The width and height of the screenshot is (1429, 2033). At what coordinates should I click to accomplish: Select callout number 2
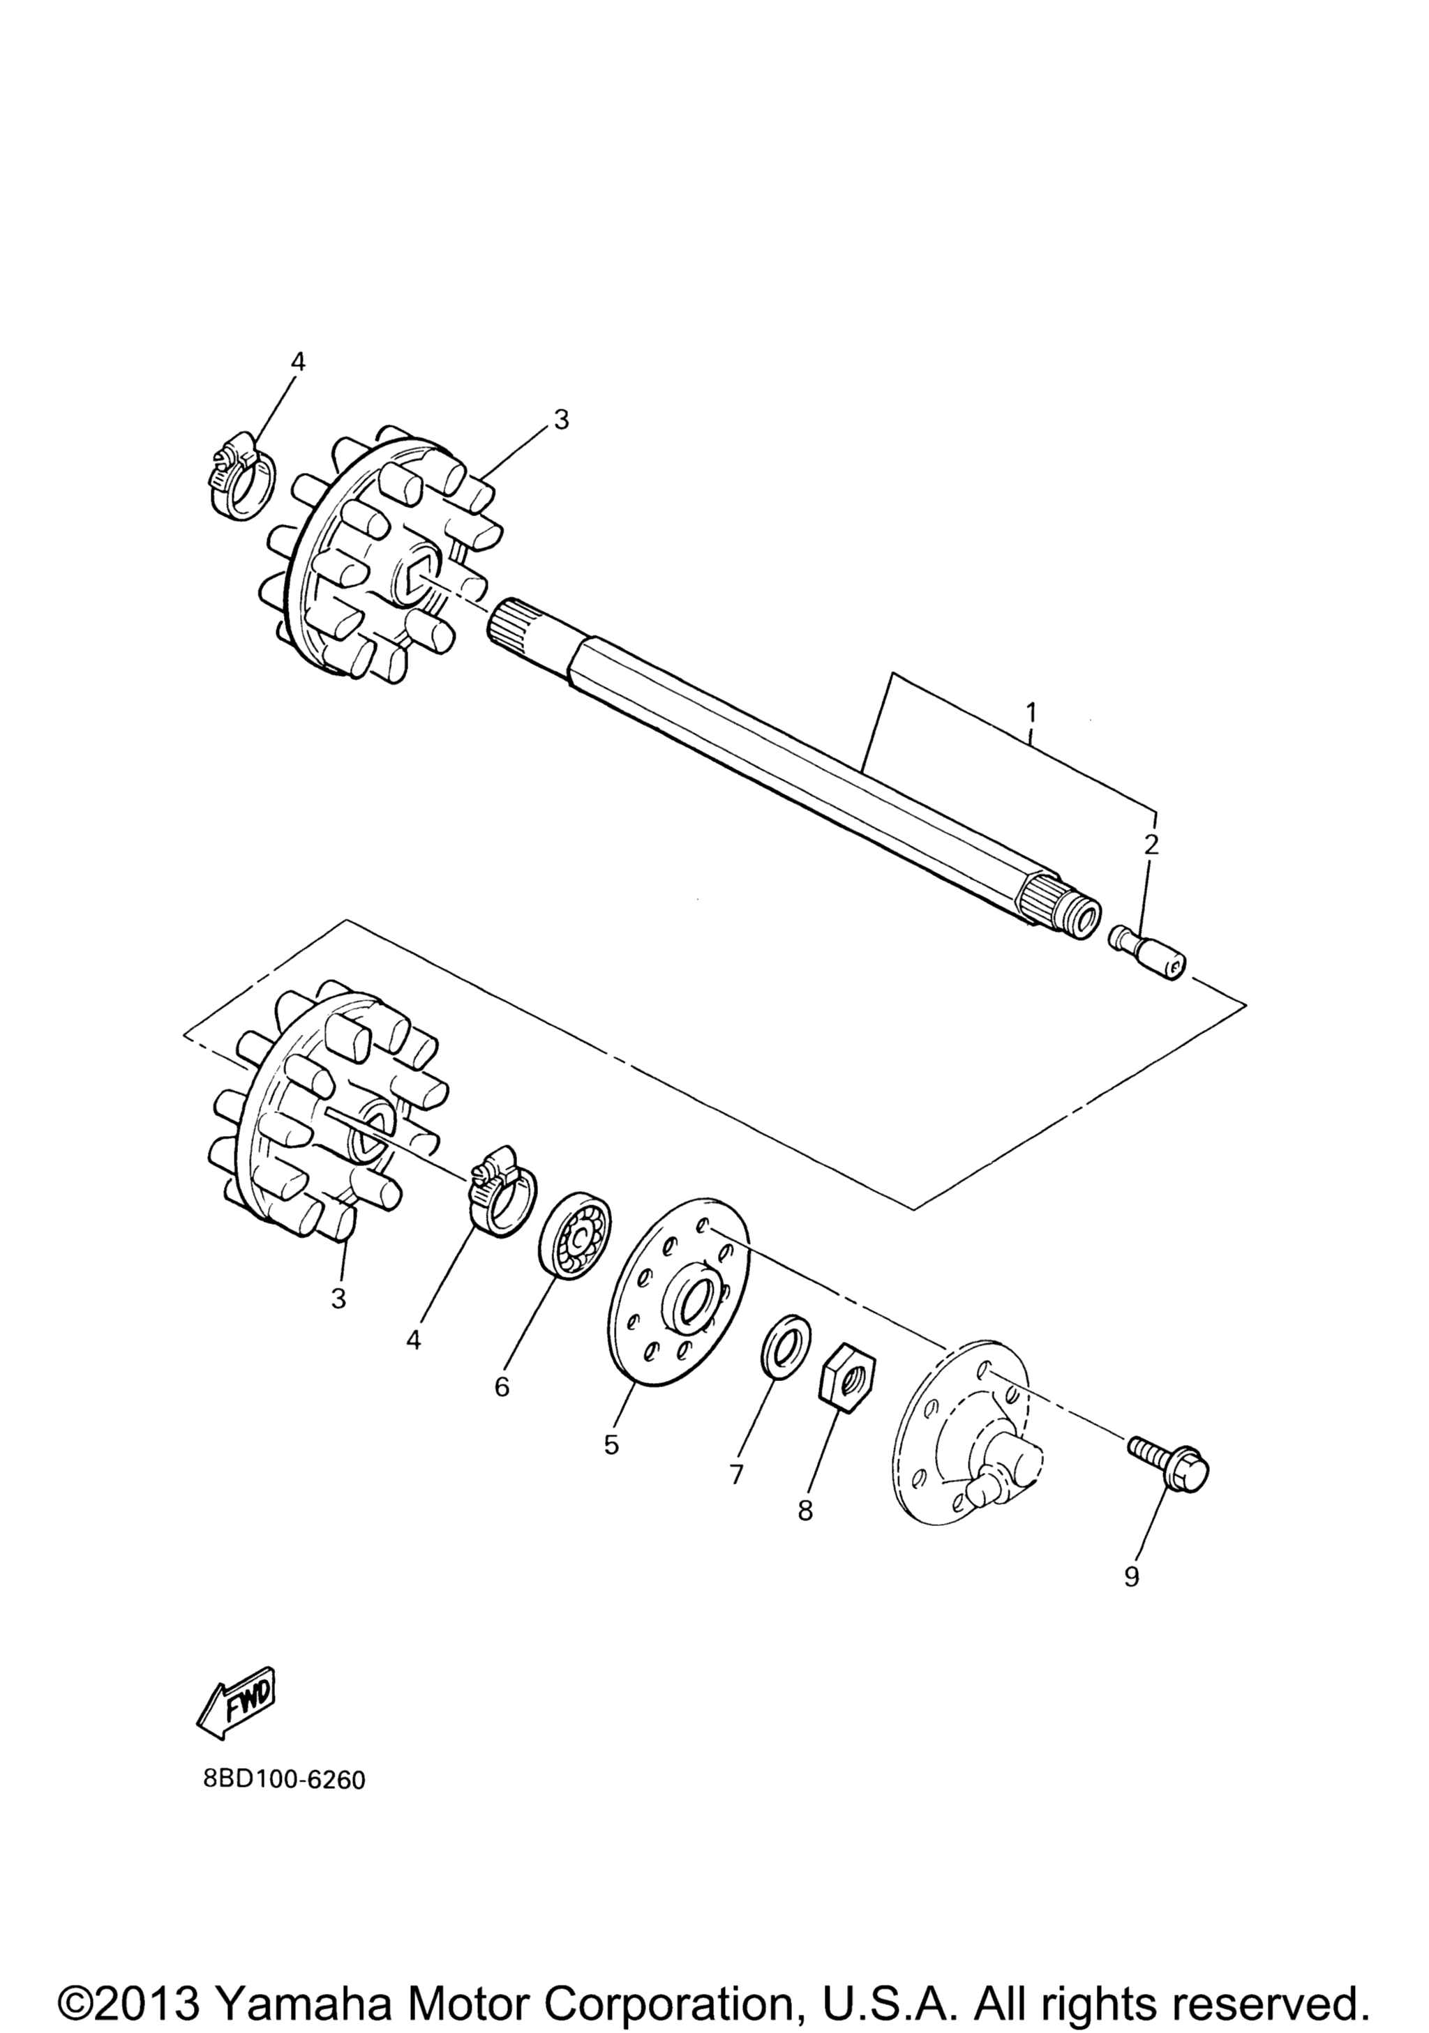click(x=1151, y=844)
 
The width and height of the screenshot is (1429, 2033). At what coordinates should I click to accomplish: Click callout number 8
click(x=805, y=1511)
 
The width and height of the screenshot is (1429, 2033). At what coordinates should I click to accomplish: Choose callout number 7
click(x=736, y=1474)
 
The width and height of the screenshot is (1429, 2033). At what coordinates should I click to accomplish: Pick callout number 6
click(x=502, y=1386)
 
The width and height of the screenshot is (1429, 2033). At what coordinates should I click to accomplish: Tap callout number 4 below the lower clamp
click(x=413, y=1340)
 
